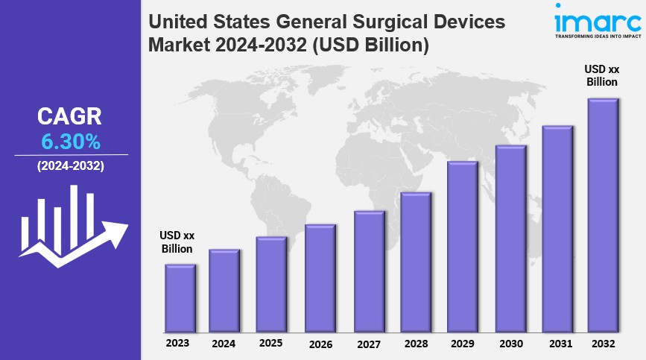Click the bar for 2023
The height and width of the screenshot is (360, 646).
click(180, 298)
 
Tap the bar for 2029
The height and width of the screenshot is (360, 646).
click(462, 246)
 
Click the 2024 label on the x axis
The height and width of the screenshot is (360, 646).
click(224, 344)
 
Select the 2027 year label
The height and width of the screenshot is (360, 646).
click(368, 344)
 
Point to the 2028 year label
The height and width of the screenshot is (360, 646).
click(415, 344)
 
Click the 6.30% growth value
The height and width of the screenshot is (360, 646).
click(70, 142)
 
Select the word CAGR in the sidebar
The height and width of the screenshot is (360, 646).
click(70, 117)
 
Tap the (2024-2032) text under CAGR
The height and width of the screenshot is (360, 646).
click(70, 165)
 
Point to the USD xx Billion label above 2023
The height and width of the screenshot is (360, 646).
click(177, 242)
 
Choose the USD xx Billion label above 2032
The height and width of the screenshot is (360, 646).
click(601, 75)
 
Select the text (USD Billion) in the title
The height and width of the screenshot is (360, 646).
click(370, 45)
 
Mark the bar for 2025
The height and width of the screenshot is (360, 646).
click(271, 284)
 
